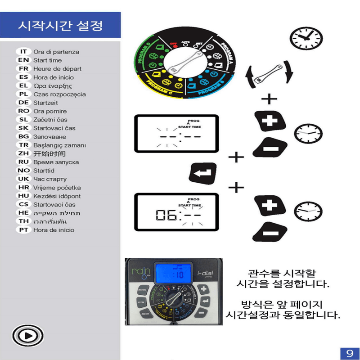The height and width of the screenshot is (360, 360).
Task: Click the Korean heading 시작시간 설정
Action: [x=60, y=25]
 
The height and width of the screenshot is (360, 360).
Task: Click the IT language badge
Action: [x=23, y=52]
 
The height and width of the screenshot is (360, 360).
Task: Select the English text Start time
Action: [x=47, y=60]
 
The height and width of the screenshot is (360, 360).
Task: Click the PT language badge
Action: [x=23, y=230]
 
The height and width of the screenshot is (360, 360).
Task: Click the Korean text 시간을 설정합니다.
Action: [x=283, y=284]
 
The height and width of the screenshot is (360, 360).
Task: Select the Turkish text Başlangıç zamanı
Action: [x=59, y=145]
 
